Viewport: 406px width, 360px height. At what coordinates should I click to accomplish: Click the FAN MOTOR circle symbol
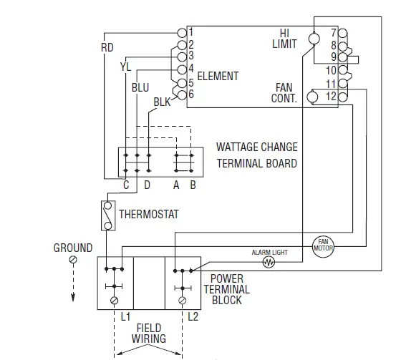point(323,245)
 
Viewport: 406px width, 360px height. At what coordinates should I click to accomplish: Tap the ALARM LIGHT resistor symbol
point(269,263)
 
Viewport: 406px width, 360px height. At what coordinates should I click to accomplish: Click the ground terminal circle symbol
point(72,262)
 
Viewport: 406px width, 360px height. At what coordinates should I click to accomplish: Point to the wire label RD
point(107,48)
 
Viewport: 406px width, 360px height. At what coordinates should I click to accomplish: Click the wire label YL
point(126,67)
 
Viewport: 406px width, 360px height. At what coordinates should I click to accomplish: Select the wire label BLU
point(140,87)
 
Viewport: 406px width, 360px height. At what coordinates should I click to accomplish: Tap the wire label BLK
point(162,102)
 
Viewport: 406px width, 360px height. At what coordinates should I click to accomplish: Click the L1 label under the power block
point(124,315)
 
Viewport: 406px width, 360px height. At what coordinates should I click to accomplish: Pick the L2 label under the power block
point(192,315)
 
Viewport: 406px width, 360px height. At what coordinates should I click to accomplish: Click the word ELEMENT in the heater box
point(218,76)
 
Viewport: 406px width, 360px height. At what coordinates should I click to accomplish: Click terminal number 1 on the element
point(190,32)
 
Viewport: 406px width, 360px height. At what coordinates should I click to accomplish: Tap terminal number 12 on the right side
point(331,96)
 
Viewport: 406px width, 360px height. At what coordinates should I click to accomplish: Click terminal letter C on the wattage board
point(125,185)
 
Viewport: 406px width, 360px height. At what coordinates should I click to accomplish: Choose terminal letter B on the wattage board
point(192,185)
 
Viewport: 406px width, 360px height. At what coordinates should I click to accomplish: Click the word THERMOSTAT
point(148,214)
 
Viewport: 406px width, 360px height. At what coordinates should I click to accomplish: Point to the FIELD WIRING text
point(148,333)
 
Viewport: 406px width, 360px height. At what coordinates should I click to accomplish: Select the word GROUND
point(73,248)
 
